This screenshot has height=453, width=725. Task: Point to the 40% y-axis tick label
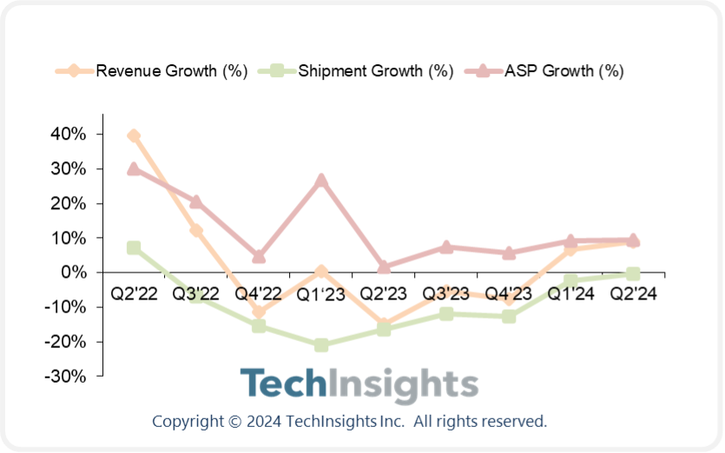pyautogui.click(x=69, y=135)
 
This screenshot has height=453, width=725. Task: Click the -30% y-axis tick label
pyautogui.click(x=66, y=376)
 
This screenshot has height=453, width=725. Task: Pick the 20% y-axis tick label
pyautogui.click(x=69, y=204)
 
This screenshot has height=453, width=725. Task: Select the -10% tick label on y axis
pyautogui.click(x=66, y=307)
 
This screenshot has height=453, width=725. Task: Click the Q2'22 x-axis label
pyautogui.click(x=134, y=293)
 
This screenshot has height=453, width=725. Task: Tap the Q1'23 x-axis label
pyautogui.click(x=321, y=293)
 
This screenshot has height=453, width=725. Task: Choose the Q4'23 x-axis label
pyautogui.click(x=508, y=293)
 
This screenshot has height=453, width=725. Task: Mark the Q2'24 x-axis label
pyautogui.click(x=632, y=293)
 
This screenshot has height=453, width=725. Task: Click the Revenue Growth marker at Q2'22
pyautogui.click(x=134, y=135)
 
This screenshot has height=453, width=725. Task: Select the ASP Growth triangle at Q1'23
pyautogui.click(x=321, y=181)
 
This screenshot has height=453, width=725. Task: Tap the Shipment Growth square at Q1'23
pyautogui.click(x=321, y=345)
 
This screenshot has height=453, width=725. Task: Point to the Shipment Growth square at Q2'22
pyautogui.click(x=134, y=248)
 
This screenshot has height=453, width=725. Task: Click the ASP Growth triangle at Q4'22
pyautogui.click(x=259, y=256)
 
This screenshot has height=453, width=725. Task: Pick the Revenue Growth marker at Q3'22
pyautogui.click(x=196, y=231)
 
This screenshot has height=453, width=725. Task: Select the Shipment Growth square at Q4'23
pyautogui.click(x=508, y=317)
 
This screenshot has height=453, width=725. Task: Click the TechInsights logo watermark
pyautogui.click(x=359, y=384)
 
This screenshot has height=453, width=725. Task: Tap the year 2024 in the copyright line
pyautogui.click(x=262, y=422)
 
